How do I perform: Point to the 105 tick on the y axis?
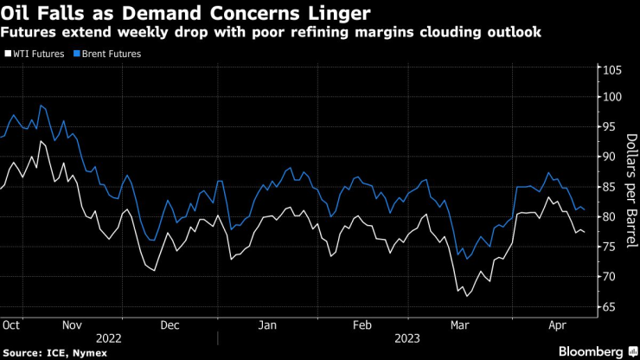[611, 71]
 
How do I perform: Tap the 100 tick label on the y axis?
[611, 97]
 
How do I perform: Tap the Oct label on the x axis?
[11, 325]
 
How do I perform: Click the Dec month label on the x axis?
[169, 325]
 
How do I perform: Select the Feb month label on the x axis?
[362, 325]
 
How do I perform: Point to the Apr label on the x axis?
[558, 325]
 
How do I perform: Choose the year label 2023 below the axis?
[409, 339]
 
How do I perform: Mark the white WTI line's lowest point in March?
[467, 296]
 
